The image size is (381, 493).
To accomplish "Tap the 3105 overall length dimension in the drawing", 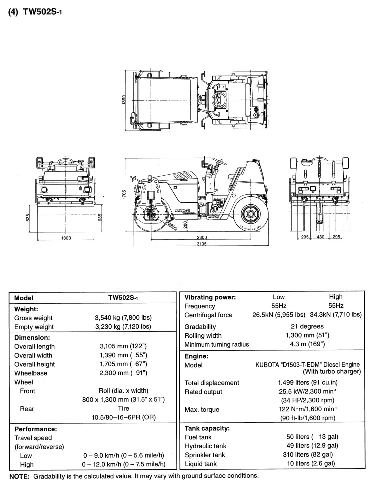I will pyautogui.click(x=202, y=244).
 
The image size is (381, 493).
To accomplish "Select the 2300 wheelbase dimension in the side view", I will pyautogui.click(x=202, y=237).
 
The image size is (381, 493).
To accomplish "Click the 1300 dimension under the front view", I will pyautogui.click(x=65, y=238).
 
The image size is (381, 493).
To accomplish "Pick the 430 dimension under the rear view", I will pyautogui.click(x=320, y=237).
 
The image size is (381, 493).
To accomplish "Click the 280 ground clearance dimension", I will pyautogui.click(x=185, y=226).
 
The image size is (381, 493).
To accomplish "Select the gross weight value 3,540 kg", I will pyautogui.click(x=123, y=318).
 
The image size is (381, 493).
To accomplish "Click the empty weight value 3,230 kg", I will pyautogui.click(x=123, y=327).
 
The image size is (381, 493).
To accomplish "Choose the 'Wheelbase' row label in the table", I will pyautogui.click(x=31, y=373).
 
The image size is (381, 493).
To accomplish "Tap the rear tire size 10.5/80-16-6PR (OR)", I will pyautogui.click(x=123, y=418).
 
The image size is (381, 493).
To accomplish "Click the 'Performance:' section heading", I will pyautogui.click(x=36, y=429).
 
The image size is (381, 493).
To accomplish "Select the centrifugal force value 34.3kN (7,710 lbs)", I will pyautogui.click(x=335, y=315).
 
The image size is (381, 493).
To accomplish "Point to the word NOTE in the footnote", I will pyautogui.click(x=20, y=475).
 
